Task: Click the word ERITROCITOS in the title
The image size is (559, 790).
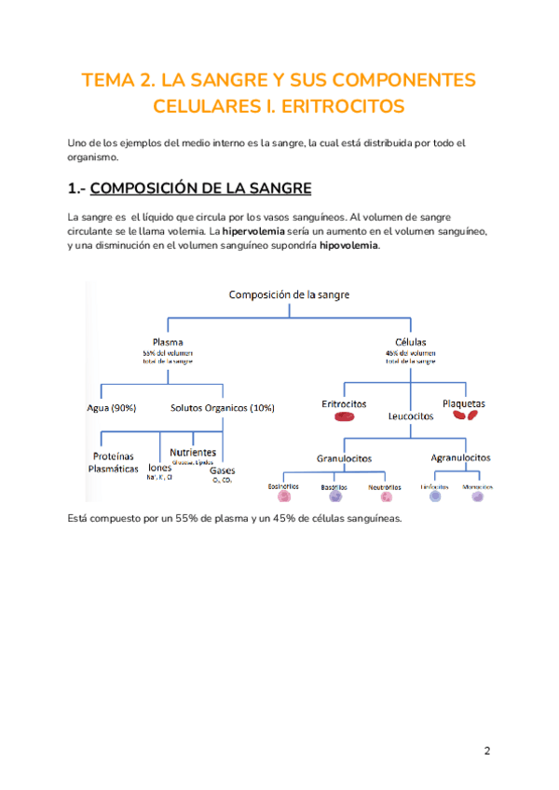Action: (344, 107)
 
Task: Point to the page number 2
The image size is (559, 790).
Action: (486, 751)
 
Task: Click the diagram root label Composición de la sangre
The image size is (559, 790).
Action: (289, 295)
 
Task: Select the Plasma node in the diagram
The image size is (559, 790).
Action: (168, 342)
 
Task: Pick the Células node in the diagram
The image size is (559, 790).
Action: (411, 342)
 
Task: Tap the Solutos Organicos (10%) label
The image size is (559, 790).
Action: (223, 407)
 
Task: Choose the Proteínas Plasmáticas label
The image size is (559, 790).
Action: (113, 463)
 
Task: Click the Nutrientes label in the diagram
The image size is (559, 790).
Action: (194, 452)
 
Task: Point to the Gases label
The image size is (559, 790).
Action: (222, 470)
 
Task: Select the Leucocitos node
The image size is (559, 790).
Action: (411, 416)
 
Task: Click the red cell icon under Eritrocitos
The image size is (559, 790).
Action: (345, 417)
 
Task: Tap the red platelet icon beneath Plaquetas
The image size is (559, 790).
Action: (463, 417)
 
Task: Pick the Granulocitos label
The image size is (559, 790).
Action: (344, 458)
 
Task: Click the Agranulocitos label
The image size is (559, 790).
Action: (461, 458)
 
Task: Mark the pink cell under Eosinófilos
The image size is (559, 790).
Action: (283, 497)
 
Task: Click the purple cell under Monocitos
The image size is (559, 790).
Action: (478, 497)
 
